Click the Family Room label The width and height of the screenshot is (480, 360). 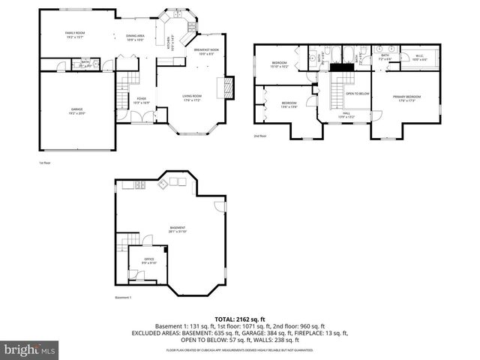tap(74, 34)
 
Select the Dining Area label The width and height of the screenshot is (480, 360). tap(135, 37)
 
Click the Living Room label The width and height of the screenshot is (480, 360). tap(193, 97)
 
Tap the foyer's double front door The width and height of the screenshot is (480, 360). tap(140, 118)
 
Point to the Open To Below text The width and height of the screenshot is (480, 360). tap(357, 94)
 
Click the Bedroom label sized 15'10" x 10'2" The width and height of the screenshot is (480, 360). tap(279, 64)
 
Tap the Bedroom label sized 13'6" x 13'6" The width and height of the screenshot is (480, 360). tap(289, 104)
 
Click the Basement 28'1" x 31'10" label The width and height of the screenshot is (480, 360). tap(177, 229)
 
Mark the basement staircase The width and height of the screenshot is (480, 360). tap(122, 244)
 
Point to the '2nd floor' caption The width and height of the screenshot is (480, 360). tap(260, 136)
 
